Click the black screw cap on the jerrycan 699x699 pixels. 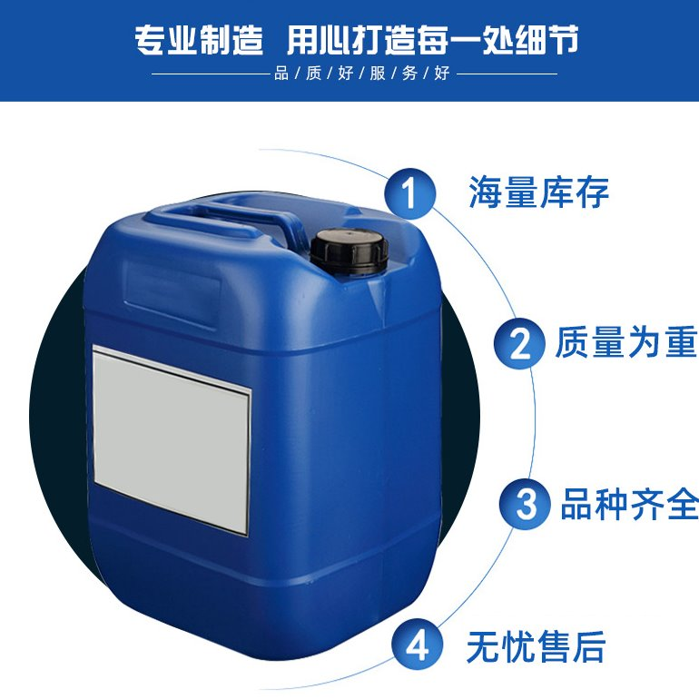(349, 251)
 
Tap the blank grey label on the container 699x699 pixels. (172, 439)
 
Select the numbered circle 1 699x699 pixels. (410, 193)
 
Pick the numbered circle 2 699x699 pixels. (519, 343)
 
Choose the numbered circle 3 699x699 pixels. (525, 504)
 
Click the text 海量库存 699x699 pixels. (539, 192)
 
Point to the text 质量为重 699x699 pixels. (626, 342)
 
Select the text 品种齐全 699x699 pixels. (629, 504)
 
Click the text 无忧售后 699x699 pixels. (537, 646)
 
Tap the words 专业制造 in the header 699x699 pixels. (199, 40)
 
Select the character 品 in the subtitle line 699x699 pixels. (281, 74)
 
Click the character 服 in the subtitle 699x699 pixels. (378, 74)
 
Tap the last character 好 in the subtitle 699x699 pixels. (442, 74)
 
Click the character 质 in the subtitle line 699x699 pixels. (313, 74)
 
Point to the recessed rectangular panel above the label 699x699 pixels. (172, 295)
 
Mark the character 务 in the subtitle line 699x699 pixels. (409, 74)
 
